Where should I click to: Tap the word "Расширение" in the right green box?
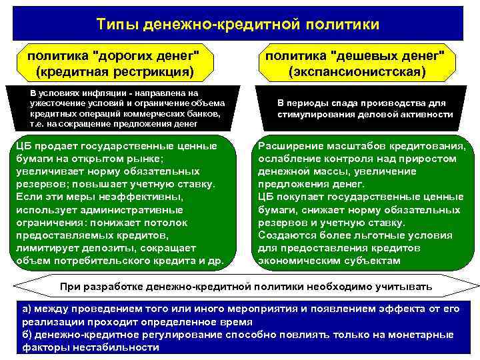pyautogui.click(x=291, y=147)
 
